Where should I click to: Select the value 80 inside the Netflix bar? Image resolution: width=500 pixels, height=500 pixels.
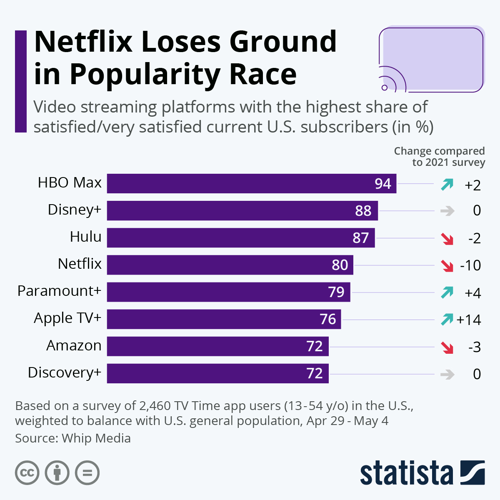[340, 265]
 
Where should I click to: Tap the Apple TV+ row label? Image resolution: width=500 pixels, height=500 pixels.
[67, 318]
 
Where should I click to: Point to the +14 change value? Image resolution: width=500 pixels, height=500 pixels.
[469, 320]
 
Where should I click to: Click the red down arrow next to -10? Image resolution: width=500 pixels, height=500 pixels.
[447, 265]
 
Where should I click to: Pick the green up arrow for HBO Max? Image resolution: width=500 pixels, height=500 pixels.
[447, 184]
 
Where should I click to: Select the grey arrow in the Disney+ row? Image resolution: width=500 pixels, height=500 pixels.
[447, 211]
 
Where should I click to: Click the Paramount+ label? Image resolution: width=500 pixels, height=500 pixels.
[59, 291]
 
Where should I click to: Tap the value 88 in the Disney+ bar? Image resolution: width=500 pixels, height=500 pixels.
[363, 211]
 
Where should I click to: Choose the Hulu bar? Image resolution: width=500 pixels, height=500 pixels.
[240, 237]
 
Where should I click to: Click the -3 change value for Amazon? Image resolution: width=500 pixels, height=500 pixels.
[474, 347]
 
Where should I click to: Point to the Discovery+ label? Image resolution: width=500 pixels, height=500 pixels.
[65, 372]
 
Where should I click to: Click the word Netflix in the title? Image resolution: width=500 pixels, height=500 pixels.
[83, 42]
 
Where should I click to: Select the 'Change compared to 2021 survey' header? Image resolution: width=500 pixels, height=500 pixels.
[440, 157]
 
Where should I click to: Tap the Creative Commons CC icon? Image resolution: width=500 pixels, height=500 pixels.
[27, 473]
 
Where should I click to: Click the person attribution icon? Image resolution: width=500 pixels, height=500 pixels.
[57, 473]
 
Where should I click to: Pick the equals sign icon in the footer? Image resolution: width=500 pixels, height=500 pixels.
[87, 473]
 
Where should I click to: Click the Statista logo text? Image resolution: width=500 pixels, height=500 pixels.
[406, 473]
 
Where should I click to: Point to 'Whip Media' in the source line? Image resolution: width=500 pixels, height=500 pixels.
[96, 438]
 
